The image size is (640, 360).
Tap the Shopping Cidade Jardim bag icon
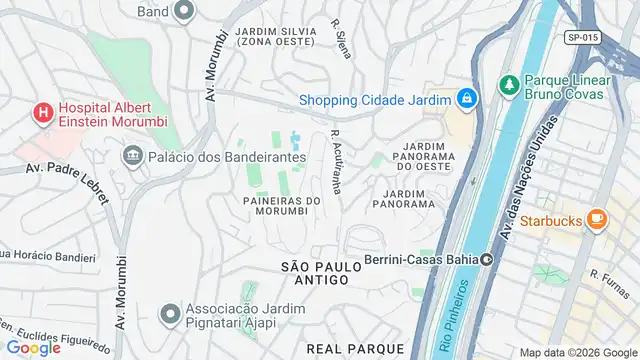coord(465,98)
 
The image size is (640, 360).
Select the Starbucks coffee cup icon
coord(596,217)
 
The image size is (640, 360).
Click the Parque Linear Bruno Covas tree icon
coord(508,82)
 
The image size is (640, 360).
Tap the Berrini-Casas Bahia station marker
coord(487,260)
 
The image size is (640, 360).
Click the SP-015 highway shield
coord(582,37)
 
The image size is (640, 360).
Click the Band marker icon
coord(182,12)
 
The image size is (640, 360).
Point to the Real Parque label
coord(355,347)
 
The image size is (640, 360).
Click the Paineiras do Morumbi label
coord(281,206)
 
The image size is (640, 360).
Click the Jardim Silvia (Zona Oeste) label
coord(277,37)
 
